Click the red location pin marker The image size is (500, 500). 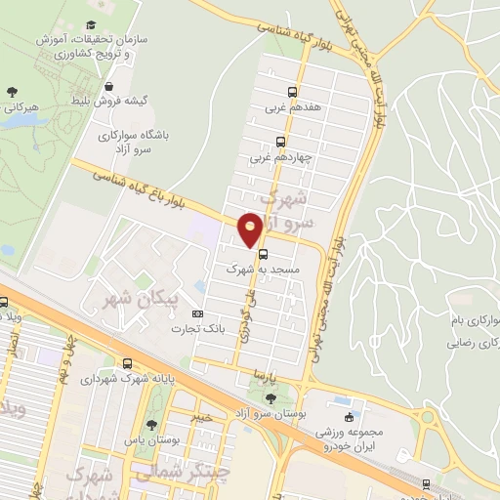(x=250, y=229)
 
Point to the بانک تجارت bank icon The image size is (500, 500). (x=198, y=314)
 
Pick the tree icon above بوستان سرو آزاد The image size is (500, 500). (x=270, y=398)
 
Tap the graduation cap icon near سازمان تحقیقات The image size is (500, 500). (x=91, y=24)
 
